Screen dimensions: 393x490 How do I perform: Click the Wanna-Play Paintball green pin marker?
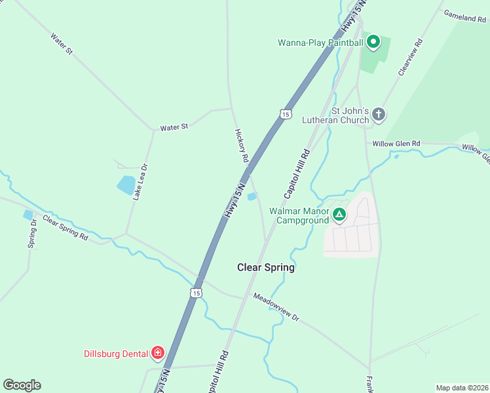point(373,43)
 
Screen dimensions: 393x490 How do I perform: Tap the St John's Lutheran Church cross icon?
point(378,115)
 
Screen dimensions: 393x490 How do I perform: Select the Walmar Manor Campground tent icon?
point(339,214)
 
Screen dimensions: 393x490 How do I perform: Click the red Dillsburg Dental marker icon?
point(157,354)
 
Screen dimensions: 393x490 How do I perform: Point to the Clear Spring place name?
point(265,267)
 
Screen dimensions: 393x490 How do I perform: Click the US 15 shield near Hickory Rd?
point(284,114)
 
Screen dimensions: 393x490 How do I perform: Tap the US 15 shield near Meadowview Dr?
point(196,293)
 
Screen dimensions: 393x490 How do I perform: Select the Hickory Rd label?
point(242,145)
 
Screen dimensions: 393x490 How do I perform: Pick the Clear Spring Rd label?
point(66,227)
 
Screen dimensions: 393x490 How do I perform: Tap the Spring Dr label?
point(33,234)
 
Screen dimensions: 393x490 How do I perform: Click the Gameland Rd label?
point(464,16)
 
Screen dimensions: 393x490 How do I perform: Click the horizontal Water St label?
point(174,126)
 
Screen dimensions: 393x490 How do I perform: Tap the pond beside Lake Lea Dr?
point(126,185)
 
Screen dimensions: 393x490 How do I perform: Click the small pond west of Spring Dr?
point(28,214)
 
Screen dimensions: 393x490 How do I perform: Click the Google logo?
point(22,384)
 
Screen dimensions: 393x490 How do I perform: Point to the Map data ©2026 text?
point(462,388)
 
